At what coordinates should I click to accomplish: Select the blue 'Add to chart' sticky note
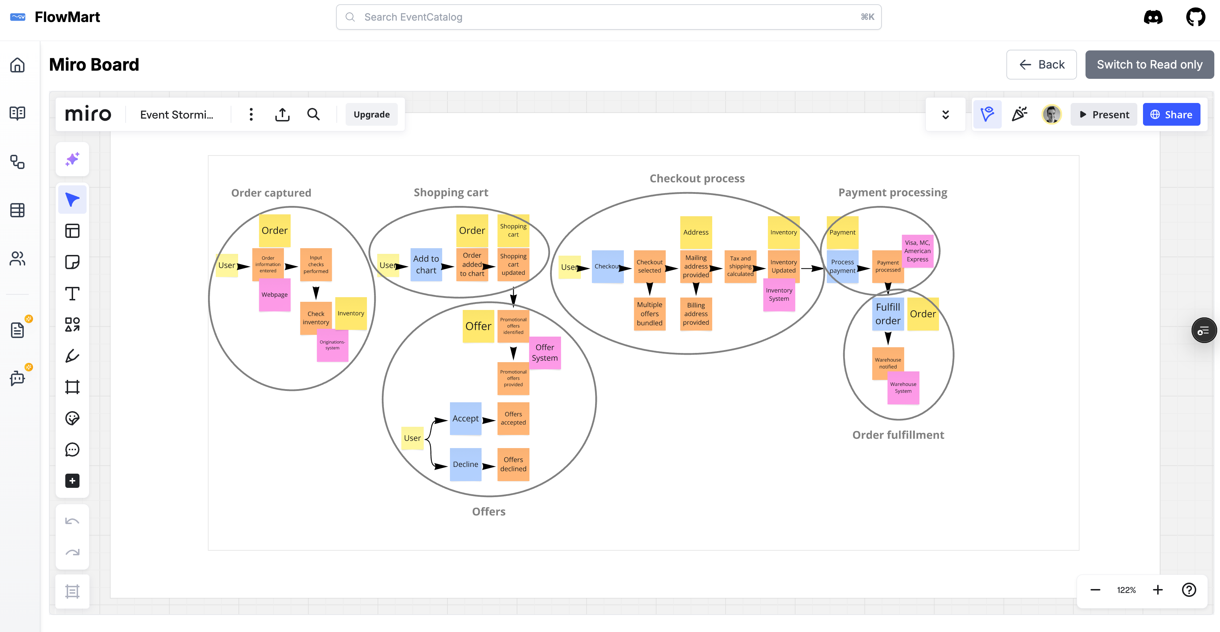point(426,265)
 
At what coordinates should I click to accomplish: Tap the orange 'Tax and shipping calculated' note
point(740,266)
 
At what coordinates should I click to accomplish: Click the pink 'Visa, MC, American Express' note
point(917,251)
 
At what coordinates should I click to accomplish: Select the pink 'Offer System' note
point(545,353)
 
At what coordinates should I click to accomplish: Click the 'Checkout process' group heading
point(697,179)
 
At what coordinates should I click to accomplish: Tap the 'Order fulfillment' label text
point(898,435)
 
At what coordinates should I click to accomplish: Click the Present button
point(1104,115)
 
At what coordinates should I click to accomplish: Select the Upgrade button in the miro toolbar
point(371,115)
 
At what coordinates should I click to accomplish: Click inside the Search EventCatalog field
point(608,17)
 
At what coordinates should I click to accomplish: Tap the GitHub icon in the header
point(1196,17)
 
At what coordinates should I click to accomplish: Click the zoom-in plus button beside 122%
point(1158,590)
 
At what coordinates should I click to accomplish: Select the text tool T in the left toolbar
point(72,294)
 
